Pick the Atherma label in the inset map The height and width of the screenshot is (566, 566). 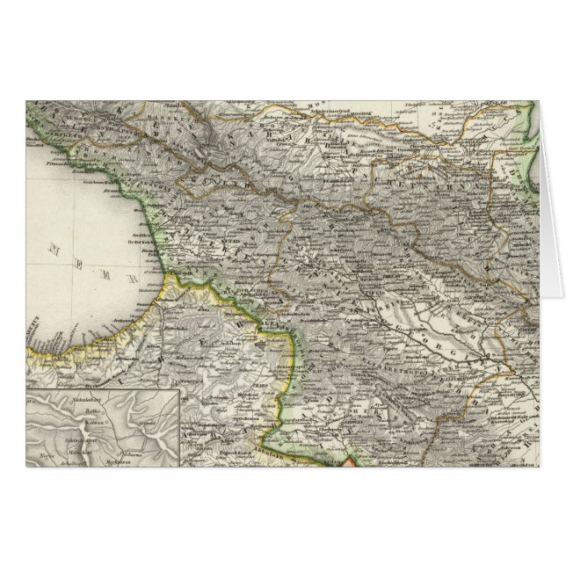click(x=129, y=438)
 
